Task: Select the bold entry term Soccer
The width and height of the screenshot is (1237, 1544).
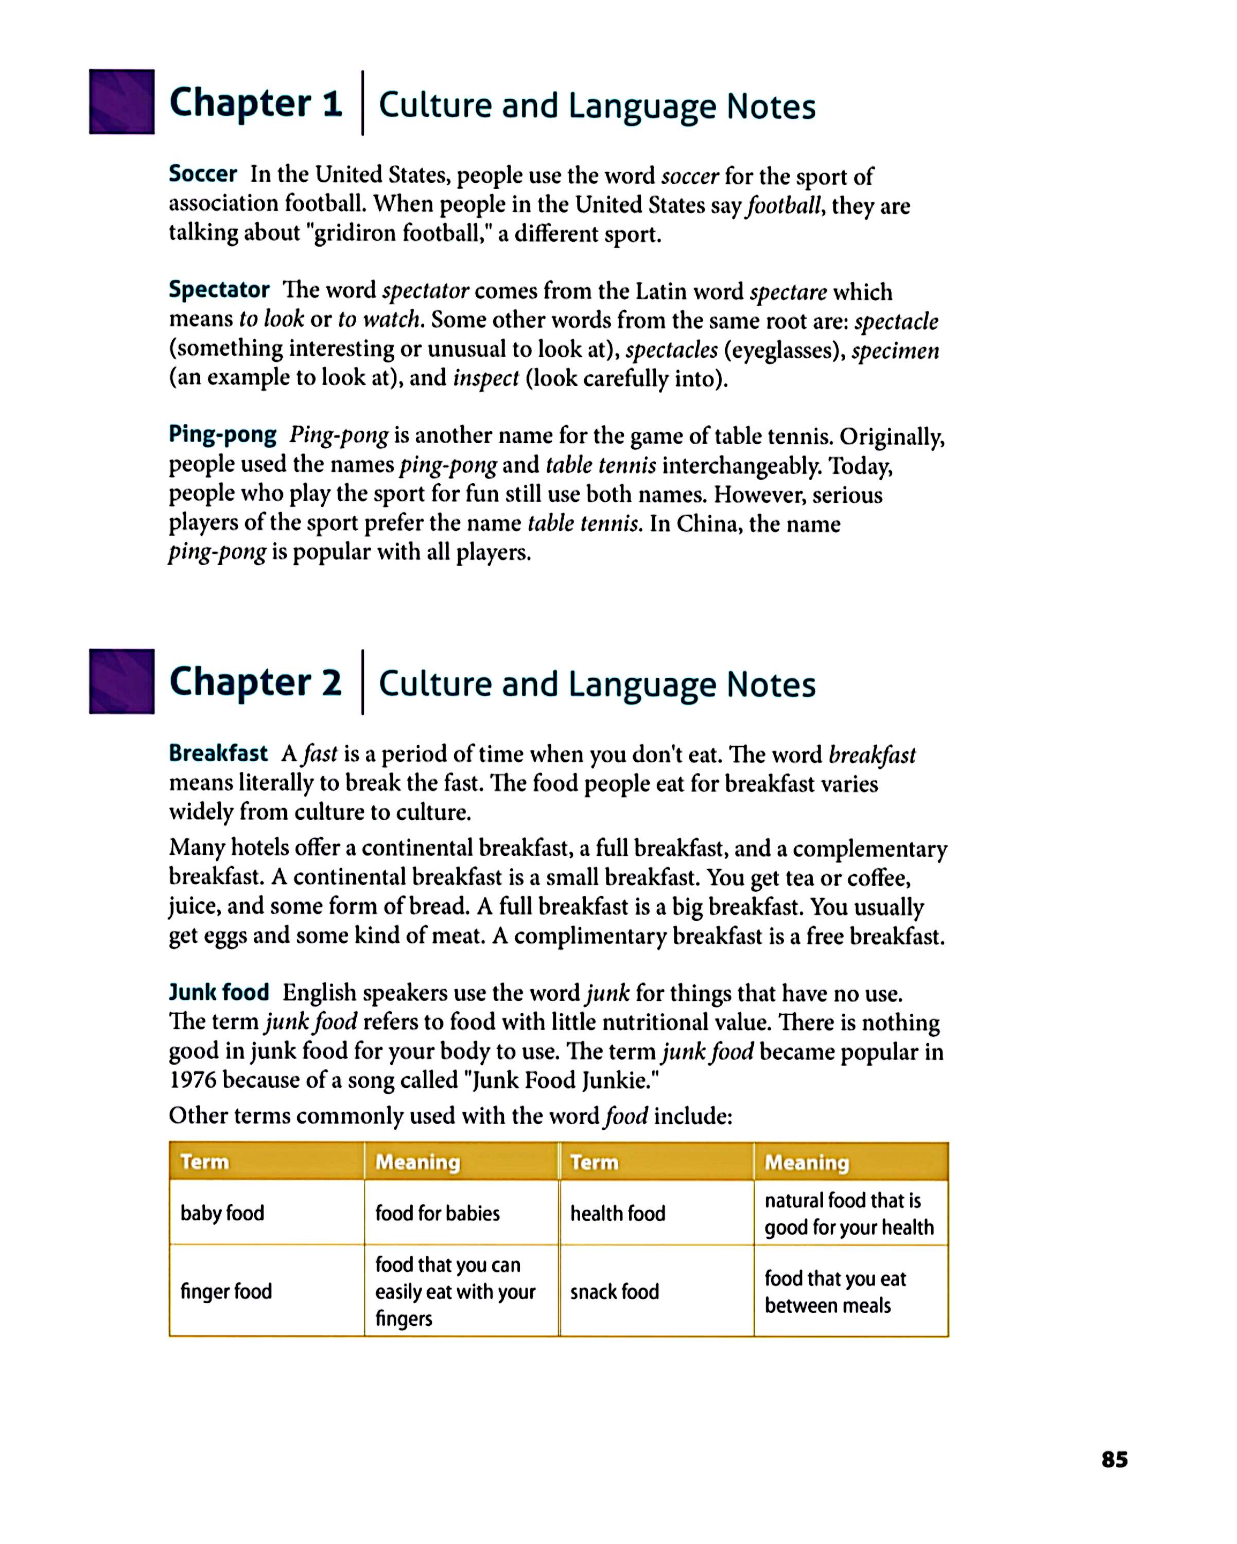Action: (x=203, y=174)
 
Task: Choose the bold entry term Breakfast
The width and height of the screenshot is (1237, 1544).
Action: (x=218, y=753)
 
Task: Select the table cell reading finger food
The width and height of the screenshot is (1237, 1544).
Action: (x=227, y=1291)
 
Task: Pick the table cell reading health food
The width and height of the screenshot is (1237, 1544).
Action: (x=617, y=1213)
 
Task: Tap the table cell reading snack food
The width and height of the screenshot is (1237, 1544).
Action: (x=615, y=1292)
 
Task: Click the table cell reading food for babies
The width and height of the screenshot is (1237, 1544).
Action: (x=438, y=1213)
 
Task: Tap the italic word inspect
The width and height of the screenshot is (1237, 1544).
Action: (x=485, y=378)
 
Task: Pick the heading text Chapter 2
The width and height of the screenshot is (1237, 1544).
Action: (x=255, y=682)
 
